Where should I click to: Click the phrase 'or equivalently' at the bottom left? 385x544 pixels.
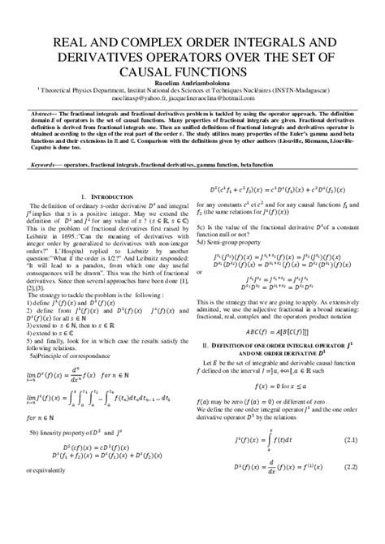point(51,469)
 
